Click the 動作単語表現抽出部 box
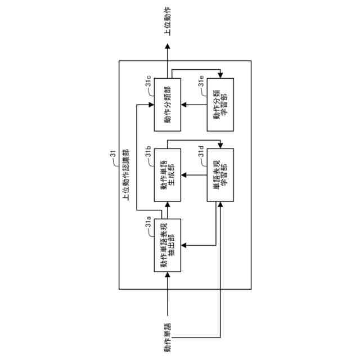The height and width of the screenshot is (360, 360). click(168, 245)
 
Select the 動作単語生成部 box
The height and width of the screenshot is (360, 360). click(168, 174)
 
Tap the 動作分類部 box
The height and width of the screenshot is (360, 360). click(168, 104)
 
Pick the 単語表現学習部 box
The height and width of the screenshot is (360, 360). click(220, 174)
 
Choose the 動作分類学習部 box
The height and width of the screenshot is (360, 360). click(220, 104)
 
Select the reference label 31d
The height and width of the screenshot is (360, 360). click(201, 152)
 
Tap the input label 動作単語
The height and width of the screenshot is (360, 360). click(168, 337)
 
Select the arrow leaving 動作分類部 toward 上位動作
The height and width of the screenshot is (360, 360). click(168, 62)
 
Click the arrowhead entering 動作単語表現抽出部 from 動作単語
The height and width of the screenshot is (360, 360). click(168, 275)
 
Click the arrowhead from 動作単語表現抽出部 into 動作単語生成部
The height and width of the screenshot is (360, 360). click(168, 205)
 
